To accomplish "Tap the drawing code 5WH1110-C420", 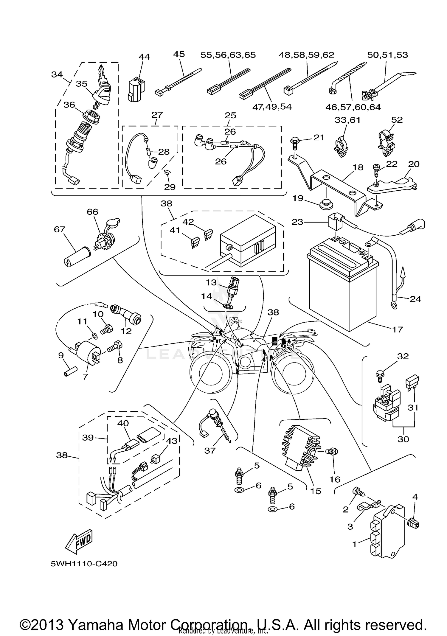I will point(84,564).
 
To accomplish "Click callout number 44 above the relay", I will point(144,57).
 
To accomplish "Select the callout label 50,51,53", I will point(387,55).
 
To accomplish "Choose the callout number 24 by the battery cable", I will point(415,298).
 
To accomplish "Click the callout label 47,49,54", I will point(272,107).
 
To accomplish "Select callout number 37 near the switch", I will point(210,450).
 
